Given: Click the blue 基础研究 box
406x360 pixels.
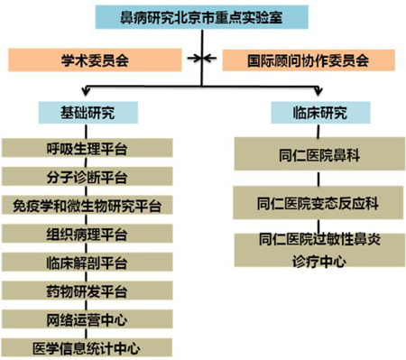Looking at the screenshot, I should pyautogui.click(x=88, y=112).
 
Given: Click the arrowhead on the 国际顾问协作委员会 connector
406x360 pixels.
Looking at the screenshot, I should pyautogui.click(x=210, y=60).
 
